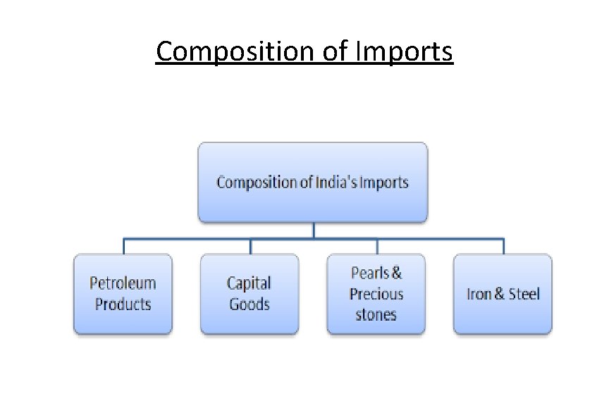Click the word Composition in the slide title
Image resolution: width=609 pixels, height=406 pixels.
click(230, 52)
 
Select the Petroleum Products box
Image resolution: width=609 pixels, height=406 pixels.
click(123, 294)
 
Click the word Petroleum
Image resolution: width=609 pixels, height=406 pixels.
click(123, 283)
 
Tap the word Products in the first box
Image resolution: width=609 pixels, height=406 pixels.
click(123, 304)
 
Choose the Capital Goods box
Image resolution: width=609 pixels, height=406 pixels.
click(249, 294)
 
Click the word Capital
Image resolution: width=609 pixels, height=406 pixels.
click(249, 283)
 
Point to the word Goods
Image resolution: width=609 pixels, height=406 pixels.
click(249, 304)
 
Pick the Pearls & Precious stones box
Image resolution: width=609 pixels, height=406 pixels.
click(376, 294)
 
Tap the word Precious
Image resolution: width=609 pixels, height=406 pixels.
click(376, 294)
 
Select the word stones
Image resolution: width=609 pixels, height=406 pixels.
click(376, 315)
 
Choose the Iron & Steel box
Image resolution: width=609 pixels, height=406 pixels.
click(503, 294)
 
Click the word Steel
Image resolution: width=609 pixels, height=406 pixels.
click(524, 294)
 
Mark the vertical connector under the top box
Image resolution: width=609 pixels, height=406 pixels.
click(313, 230)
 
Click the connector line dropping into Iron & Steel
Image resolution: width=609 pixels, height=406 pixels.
click(503, 246)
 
